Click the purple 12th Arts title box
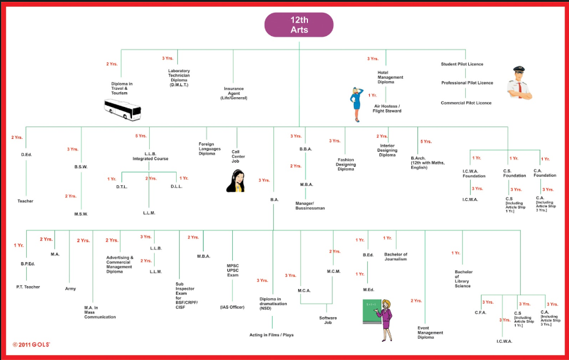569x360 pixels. [298, 24]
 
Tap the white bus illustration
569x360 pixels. [122, 109]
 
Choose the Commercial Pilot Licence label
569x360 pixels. [466, 103]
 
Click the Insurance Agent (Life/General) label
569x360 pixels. [235, 93]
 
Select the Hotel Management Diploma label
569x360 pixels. [390, 77]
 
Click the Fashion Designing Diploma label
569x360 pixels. [346, 164]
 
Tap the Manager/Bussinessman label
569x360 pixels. [310, 205]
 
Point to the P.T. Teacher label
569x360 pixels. [28, 287]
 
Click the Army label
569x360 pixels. [70, 288]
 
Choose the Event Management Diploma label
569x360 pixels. [430, 332]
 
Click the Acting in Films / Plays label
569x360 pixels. [272, 335]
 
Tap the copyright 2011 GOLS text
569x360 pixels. [31, 345]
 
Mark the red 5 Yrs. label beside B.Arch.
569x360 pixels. [426, 141]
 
